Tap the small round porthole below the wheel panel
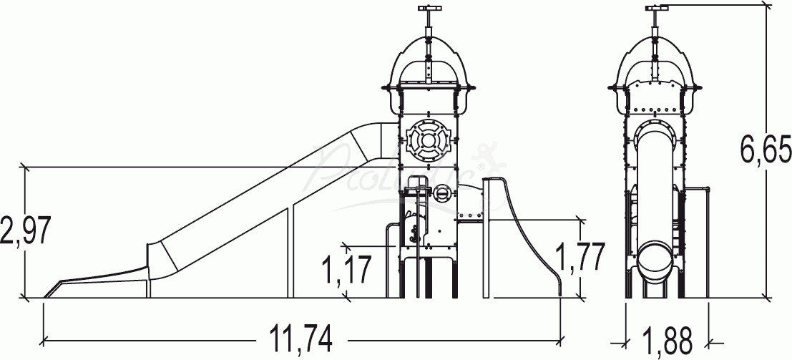pyautogui.click(x=443, y=193)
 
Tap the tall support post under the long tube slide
pyautogui.click(x=290, y=250)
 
